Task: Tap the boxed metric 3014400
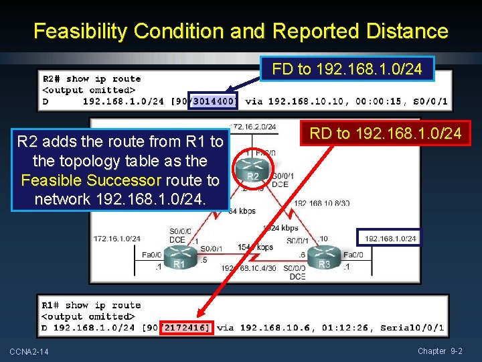tap(212, 102)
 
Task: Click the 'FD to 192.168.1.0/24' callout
tap(347, 69)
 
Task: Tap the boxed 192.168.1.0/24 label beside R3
tap(390, 238)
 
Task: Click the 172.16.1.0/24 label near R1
tap(117, 238)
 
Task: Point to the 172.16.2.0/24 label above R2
tap(252, 126)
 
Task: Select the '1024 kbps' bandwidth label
tap(280, 228)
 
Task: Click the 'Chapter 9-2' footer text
tap(440, 351)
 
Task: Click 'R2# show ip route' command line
tap(92, 79)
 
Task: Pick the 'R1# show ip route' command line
tap(92, 306)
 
